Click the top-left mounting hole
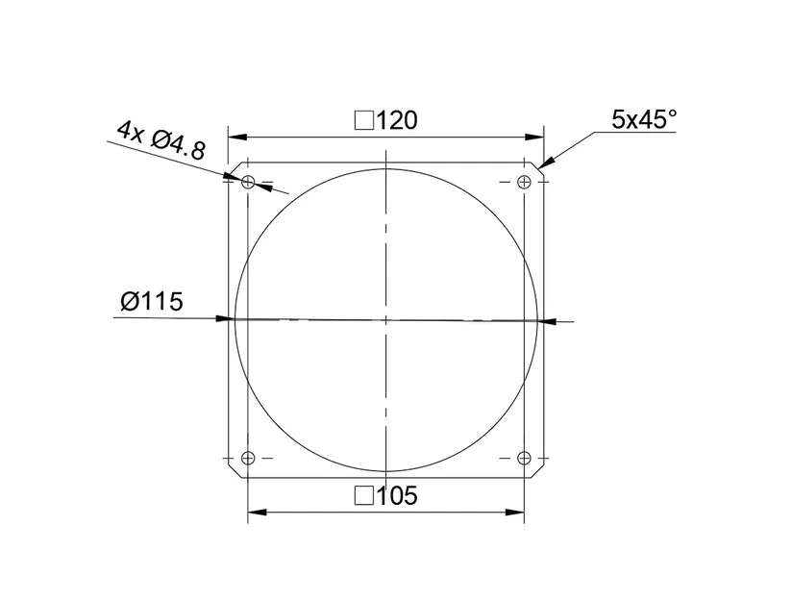[x=248, y=182]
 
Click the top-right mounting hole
[x=524, y=182]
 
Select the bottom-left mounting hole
[x=248, y=458]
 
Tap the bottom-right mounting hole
[x=524, y=458]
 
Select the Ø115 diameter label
[x=152, y=301]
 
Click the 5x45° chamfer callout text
[x=645, y=119]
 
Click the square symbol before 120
[x=364, y=121]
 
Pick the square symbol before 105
[x=364, y=496]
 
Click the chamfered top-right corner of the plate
[x=540, y=166]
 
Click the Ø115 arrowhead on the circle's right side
[x=543, y=320]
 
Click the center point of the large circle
[x=385, y=318]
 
